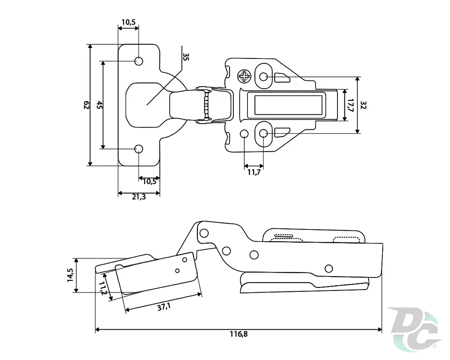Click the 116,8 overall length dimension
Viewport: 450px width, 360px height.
pos(239,334)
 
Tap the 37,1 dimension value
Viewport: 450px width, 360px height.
pos(164,307)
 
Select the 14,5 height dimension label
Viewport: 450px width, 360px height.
pos(70,275)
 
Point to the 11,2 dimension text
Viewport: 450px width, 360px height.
pos(102,288)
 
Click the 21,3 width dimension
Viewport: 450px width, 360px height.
pos(139,197)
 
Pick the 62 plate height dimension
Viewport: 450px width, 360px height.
pos(86,105)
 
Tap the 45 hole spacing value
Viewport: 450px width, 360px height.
pos(99,105)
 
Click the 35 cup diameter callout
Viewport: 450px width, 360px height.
pos(186,57)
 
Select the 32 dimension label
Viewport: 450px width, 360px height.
pos(363,105)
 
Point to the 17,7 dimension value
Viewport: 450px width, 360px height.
pos(350,105)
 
